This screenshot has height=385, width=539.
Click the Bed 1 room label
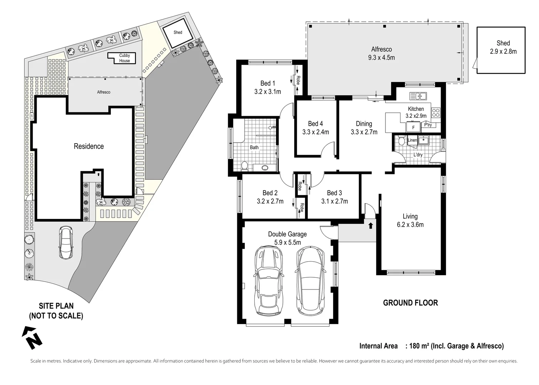click(268, 83)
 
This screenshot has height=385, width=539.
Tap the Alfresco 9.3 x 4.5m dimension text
click(381, 57)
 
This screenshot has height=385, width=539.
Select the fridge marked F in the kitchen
click(413, 127)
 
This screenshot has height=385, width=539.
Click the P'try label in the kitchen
click(427, 125)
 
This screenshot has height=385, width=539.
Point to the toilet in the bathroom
click(244, 165)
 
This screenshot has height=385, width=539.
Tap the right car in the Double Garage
click(311, 281)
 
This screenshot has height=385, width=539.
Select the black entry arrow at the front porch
click(370, 225)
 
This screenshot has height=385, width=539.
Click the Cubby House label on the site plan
click(124, 58)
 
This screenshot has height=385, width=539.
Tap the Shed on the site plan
click(178, 32)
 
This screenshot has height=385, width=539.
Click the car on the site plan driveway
click(66, 243)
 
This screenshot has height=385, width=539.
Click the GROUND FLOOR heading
click(410, 303)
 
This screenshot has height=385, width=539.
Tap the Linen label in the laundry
click(412, 140)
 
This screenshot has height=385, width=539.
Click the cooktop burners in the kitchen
click(436, 113)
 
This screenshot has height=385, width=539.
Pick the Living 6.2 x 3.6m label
click(410, 220)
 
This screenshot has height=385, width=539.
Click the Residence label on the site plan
click(89, 146)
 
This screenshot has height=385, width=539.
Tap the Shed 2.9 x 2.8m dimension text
click(503, 51)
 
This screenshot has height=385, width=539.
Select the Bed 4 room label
click(315, 124)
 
